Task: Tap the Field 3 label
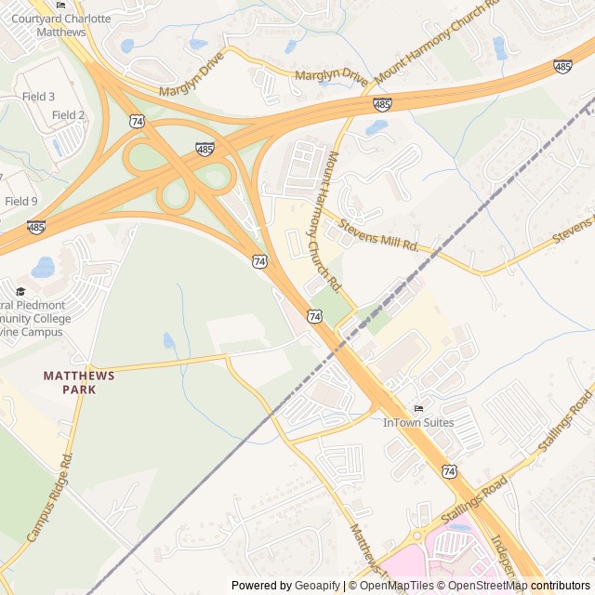pos(39,97)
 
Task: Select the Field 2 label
pos(68,114)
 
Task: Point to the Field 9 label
pos(21,201)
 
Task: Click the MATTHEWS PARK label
pos(80,382)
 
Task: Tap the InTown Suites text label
pos(418,423)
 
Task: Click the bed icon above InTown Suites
pos(418,408)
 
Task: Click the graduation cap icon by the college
pos(20,291)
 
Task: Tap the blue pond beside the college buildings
pos(43,269)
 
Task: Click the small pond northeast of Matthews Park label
pos(168,340)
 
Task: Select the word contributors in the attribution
pos(561,586)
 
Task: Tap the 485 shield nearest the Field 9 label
pos(36,226)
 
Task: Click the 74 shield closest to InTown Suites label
pos(449,471)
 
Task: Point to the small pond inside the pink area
pos(460,527)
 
